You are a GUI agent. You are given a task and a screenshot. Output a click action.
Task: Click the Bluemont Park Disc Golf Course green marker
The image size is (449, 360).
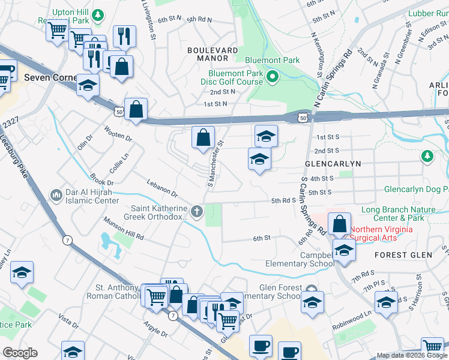click(272, 76)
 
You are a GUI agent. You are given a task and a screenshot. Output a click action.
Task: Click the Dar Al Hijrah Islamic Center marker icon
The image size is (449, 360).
click(56, 196)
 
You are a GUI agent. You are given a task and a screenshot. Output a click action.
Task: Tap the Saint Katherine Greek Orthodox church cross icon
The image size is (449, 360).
click(196, 211)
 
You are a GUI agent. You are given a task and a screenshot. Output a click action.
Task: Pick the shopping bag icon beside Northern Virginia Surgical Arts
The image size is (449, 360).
click(339, 224)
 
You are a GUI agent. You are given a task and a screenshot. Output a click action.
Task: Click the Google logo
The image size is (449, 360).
click(20, 353)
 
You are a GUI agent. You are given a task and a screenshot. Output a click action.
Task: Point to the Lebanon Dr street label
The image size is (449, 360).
click(163, 186)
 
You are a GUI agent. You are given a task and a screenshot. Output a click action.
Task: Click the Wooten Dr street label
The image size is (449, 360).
click(118, 134)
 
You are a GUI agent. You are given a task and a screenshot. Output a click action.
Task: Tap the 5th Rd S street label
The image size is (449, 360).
click(284, 200)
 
